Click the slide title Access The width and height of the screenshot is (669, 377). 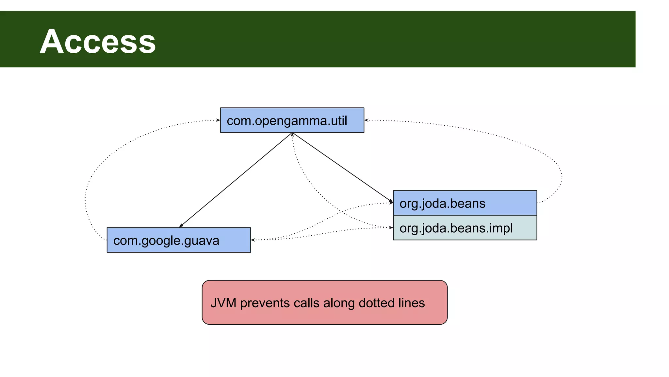tap(98, 42)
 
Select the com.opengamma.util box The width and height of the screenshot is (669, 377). tap(292, 120)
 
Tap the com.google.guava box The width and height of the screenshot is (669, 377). tap(178, 240)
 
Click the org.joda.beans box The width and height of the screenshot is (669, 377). tap(465, 203)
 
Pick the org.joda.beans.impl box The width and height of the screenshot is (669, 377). tap(465, 228)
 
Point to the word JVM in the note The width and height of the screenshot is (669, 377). tap(223, 303)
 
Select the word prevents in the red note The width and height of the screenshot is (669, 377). tap(265, 303)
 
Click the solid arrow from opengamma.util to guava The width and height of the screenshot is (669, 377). tap(235, 180)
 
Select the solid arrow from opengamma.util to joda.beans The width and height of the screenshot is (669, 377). tap(343, 168)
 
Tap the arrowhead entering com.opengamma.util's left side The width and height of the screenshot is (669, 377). tap(218, 120)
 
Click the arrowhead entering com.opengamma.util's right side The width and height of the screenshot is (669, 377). tap(367, 120)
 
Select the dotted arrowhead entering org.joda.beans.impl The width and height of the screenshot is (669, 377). tap(391, 227)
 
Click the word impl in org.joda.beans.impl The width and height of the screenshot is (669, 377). tap(502, 228)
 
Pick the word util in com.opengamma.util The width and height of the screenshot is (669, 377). tap(338, 121)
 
